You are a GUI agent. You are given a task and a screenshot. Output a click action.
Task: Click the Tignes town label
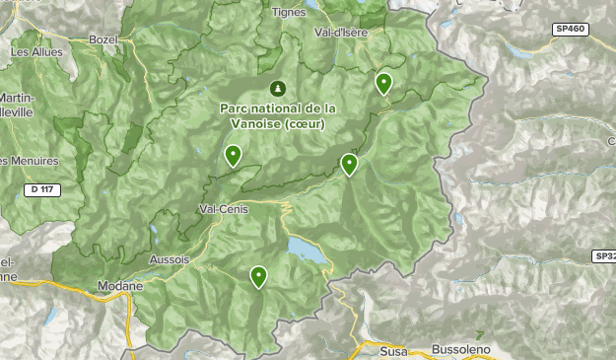point(288,13)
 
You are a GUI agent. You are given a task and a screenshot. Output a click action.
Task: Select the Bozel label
point(103,38)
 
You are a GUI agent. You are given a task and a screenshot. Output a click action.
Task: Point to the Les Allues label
point(35,51)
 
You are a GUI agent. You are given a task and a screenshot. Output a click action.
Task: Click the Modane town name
point(120,286)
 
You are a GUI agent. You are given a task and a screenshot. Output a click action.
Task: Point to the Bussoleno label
point(459,350)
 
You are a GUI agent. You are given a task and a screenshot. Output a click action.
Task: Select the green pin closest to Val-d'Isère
point(383,83)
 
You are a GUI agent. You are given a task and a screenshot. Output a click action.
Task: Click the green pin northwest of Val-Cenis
point(233,155)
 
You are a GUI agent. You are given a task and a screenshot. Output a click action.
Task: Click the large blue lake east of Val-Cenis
point(308,252)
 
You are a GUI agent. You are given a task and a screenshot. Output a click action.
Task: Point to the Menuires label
point(30,161)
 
